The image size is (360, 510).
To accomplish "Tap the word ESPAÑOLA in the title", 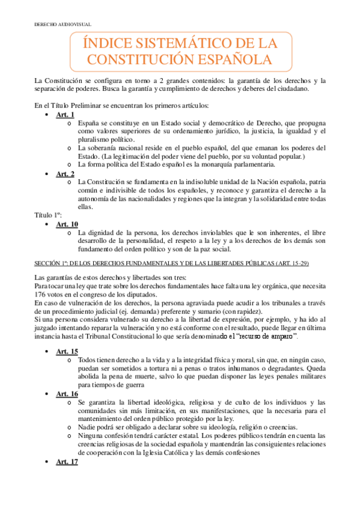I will coord(228,59).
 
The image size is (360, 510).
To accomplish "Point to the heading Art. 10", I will coord(67,224).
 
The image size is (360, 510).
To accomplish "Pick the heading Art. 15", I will coord(67,351).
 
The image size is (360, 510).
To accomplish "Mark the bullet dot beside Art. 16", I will coord(47,393).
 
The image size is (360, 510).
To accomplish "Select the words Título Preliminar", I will coord(88,105).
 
